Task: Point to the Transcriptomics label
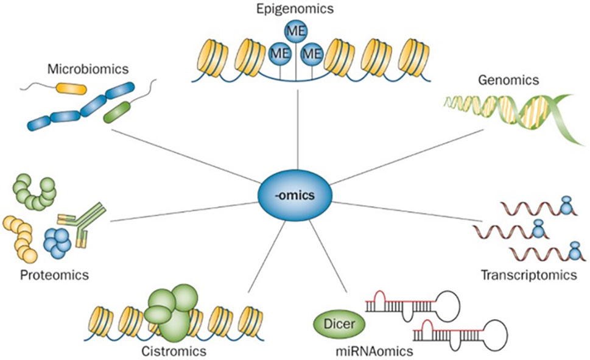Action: (529, 275)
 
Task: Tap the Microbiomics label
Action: (88, 69)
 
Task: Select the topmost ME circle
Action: (295, 31)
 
